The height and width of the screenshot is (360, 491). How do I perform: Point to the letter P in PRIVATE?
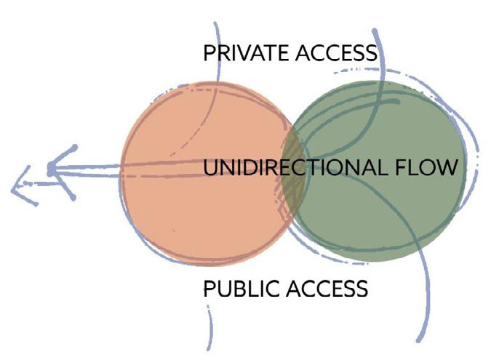pyautogui.click(x=209, y=53)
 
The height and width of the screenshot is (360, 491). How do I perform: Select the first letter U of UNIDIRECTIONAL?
pyautogui.click(x=209, y=169)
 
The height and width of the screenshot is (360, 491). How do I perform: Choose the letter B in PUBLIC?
pyautogui.click(x=241, y=289)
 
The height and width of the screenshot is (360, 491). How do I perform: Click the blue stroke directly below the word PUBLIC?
pyautogui.click(x=210, y=327)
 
